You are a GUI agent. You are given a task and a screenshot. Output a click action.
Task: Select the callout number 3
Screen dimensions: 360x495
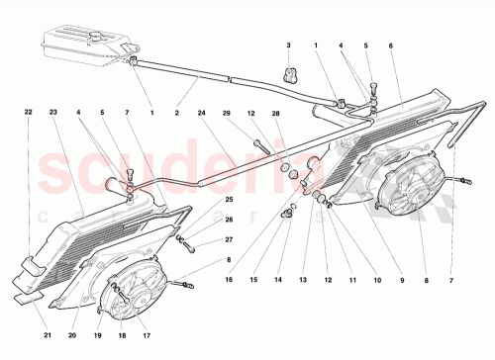click(x=289, y=46)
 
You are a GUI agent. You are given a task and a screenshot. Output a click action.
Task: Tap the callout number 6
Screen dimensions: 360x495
click(x=392, y=46)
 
